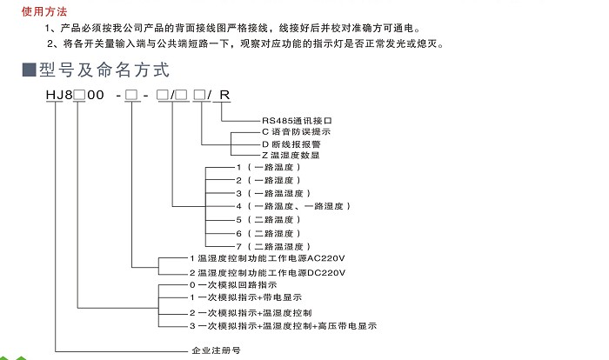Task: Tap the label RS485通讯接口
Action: point(298,121)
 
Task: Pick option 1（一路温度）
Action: point(271,167)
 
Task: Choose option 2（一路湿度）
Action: point(271,180)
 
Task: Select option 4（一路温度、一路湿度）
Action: point(292,206)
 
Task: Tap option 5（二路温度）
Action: point(271,221)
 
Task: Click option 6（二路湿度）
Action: point(271,234)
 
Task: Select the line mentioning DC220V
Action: point(266,272)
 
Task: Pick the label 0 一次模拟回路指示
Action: point(233,285)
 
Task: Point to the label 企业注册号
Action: point(214,351)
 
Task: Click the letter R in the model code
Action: point(225,94)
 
